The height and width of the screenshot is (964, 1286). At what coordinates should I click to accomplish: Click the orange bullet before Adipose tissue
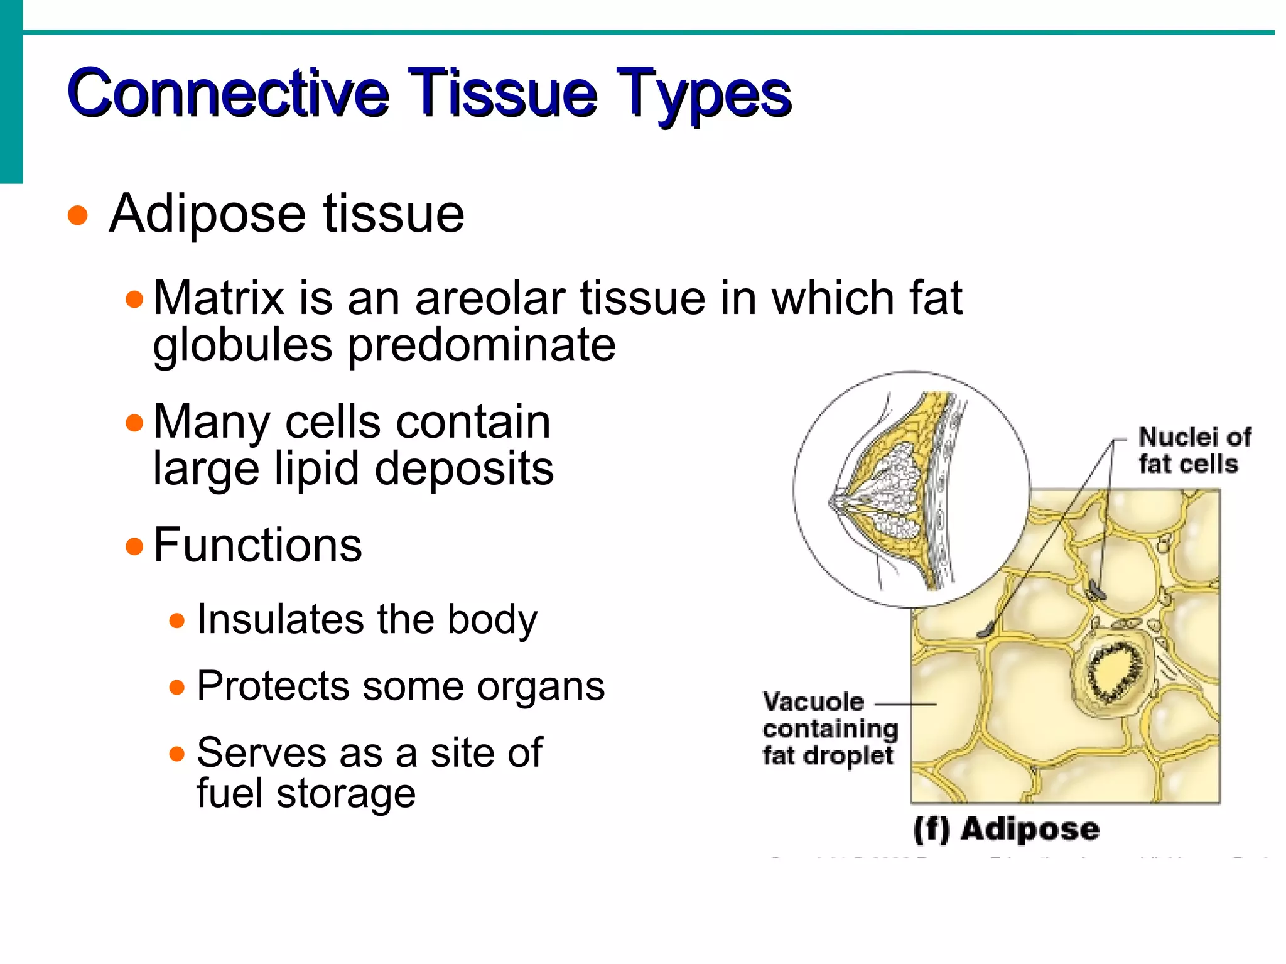(78, 215)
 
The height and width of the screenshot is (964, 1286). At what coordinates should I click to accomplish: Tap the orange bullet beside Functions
(134, 546)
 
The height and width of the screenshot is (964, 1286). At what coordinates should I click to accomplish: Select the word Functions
(257, 545)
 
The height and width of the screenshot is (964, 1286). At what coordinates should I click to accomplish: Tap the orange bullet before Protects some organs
(177, 687)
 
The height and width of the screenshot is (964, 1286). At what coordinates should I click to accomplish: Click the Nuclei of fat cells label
(1193, 450)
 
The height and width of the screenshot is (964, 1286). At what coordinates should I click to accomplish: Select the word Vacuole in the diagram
(813, 702)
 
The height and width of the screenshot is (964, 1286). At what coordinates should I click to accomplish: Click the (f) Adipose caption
(1006, 829)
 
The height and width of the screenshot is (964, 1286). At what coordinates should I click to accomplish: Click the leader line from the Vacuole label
(904, 705)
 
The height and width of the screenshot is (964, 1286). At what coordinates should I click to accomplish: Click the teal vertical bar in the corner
(11, 92)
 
